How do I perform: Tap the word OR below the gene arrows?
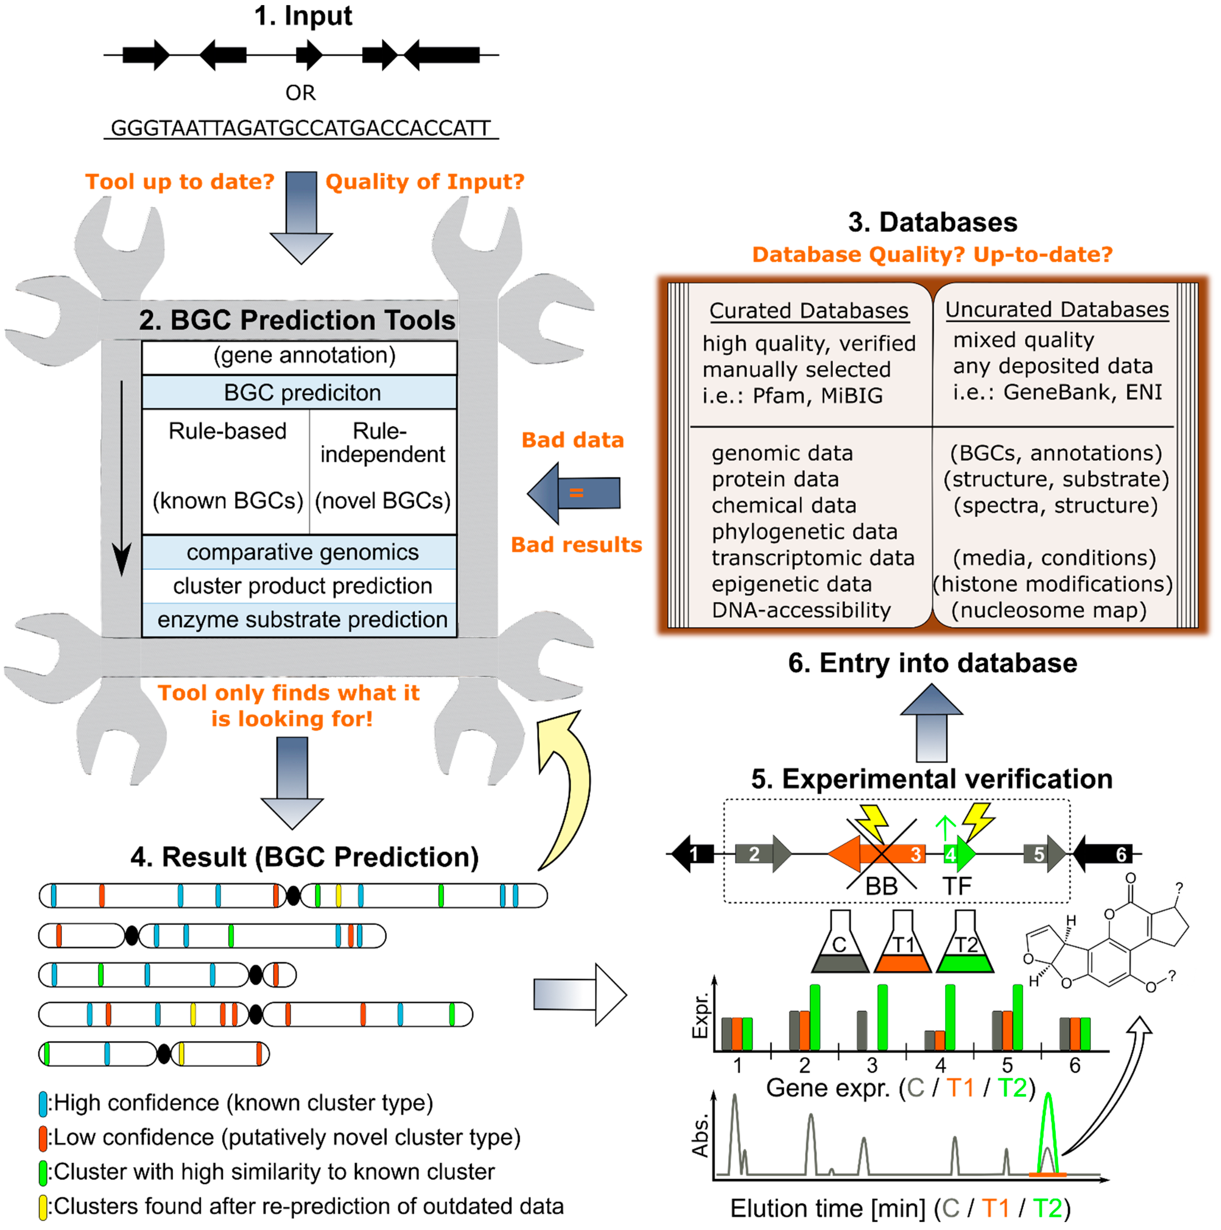(300, 93)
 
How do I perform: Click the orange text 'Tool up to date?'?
(179, 182)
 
